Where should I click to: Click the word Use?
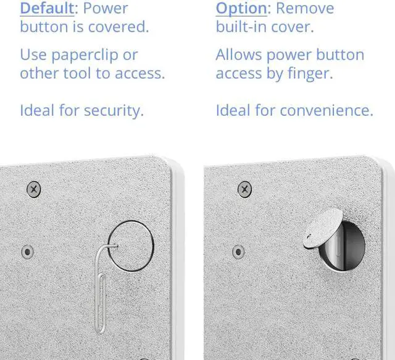(x=33, y=55)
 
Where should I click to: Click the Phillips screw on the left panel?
(x=34, y=189)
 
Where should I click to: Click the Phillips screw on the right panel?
(x=244, y=189)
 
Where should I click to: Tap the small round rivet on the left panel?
(x=27, y=252)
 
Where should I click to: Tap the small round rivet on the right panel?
(x=238, y=252)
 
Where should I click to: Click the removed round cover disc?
(x=323, y=228)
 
